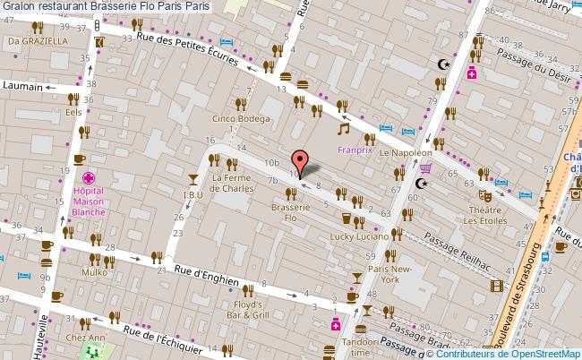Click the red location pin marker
pos(300,161)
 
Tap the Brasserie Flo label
pos(290,212)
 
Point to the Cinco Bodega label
pos(240,118)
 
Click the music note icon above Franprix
pos(342,129)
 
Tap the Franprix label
pos(355,150)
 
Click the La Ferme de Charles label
pos(232,183)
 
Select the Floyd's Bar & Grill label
pos(246,311)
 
